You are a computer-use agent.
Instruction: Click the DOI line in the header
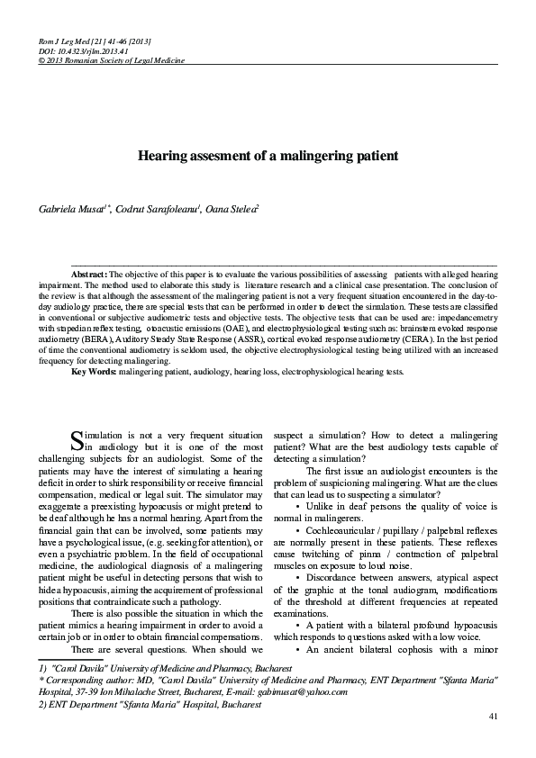click(x=72, y=51)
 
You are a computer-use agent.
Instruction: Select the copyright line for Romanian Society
click(x=106, y=59)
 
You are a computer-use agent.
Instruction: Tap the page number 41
click(x=492, y=716)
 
